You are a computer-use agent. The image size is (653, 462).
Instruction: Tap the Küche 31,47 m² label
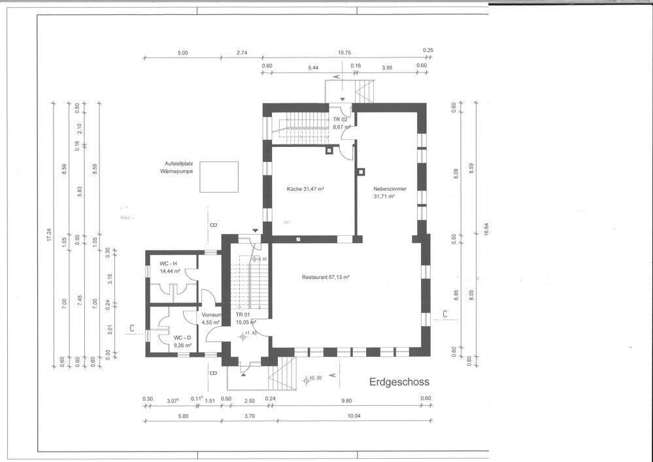[306, 189]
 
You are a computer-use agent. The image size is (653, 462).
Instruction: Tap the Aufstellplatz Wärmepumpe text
[172, 167]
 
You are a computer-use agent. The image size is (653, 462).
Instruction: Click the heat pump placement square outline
[220, 176]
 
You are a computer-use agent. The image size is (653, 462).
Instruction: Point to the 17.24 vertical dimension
[48, 233]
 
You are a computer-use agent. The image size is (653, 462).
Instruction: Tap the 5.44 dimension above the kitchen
[313, 67]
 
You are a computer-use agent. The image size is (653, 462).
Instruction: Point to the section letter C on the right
[444, 314]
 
